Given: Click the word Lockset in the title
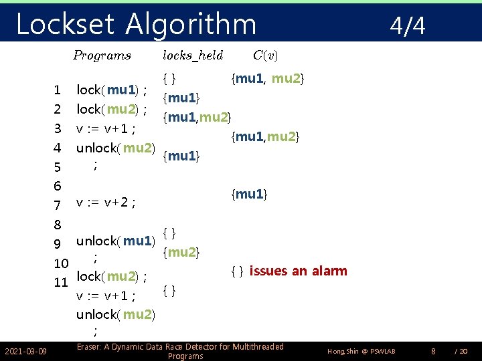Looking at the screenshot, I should tap(64, 25).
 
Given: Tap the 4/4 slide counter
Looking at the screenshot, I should tap(408, 26).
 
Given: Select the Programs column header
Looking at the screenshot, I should tap(102, 55).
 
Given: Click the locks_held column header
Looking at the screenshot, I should tap(193, 55).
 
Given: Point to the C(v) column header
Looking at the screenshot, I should tap(266, 55).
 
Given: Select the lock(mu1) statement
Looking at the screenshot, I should tap(112, 90).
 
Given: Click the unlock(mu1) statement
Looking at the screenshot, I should tap(115, 241).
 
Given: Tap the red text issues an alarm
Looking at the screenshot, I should tap(298, 271).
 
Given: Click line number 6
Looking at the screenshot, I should tap(58, 185).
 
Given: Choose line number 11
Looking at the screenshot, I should tap(61, 282).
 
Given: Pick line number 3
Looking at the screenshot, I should tap(58, 128).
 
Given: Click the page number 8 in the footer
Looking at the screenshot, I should tap(433, 351).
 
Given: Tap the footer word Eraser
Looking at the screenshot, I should tap(90, 347).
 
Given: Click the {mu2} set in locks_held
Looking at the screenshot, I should tap(181, 252).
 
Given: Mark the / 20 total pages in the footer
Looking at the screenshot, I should tap(461, 352).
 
